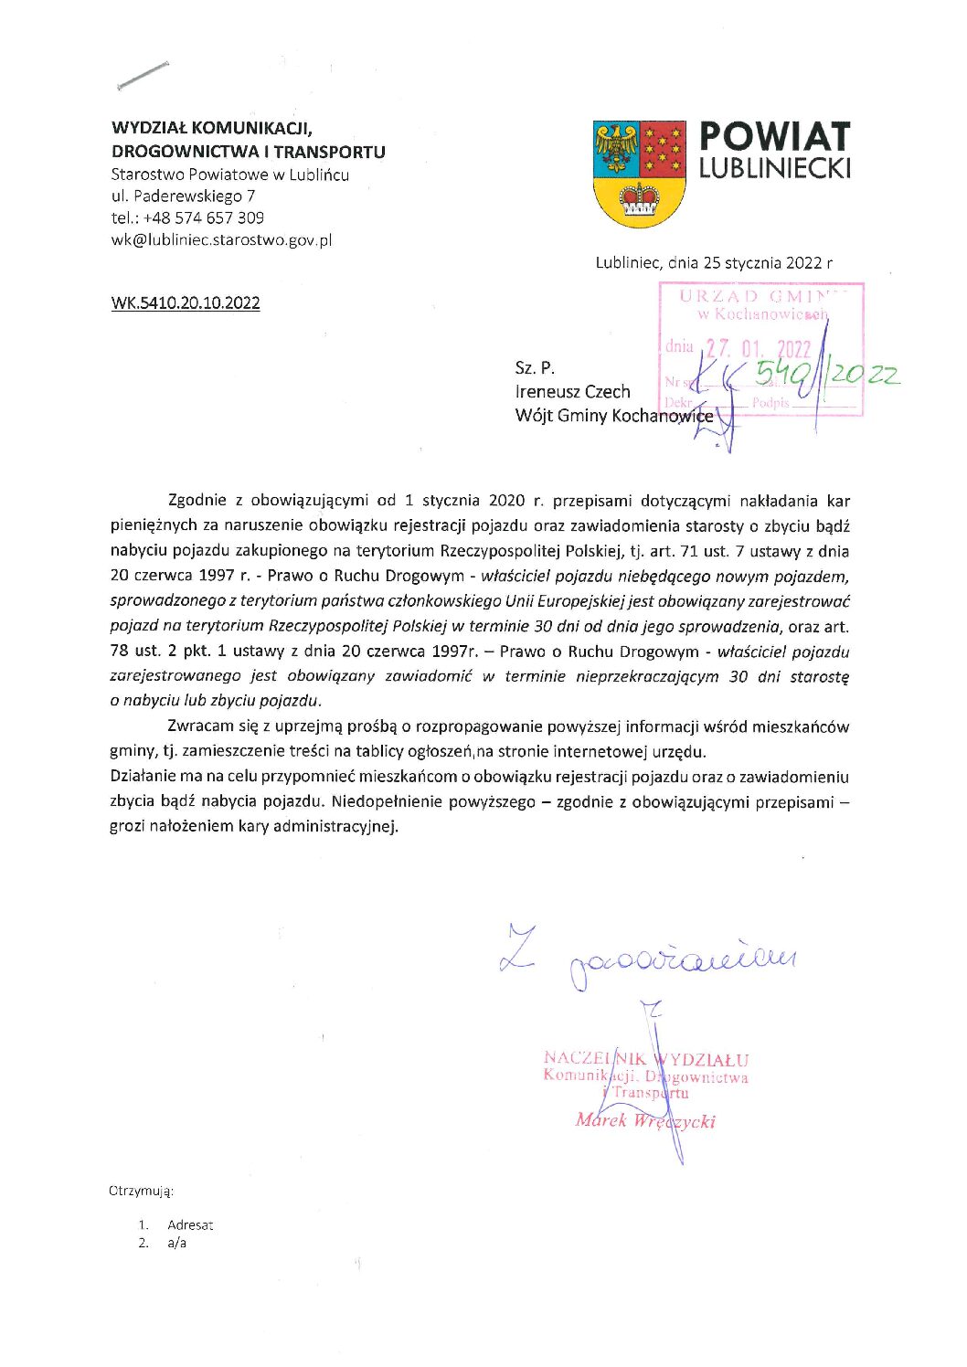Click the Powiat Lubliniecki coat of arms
(x=639, y=174)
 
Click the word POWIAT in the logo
(x=774, y=138)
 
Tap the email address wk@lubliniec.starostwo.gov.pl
(x=221, y=240)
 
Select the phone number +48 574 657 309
(x=204, y=218)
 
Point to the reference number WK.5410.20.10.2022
(x=186, y=303)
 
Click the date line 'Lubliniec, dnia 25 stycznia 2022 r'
(x=714, y=263)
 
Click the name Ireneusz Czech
(x=572, y=392)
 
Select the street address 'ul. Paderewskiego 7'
(x=183, y=196)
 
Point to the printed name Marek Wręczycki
(x=645, y=1121)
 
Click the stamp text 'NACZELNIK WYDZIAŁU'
(x=646, y=1060)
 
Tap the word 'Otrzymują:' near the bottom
(x=141, y=1192)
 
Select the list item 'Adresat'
(x=190, y=1225)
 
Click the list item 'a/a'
(x=176, y=1244)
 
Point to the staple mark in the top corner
(x=143, y=76)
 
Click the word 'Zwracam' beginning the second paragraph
(x=200, y=727)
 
